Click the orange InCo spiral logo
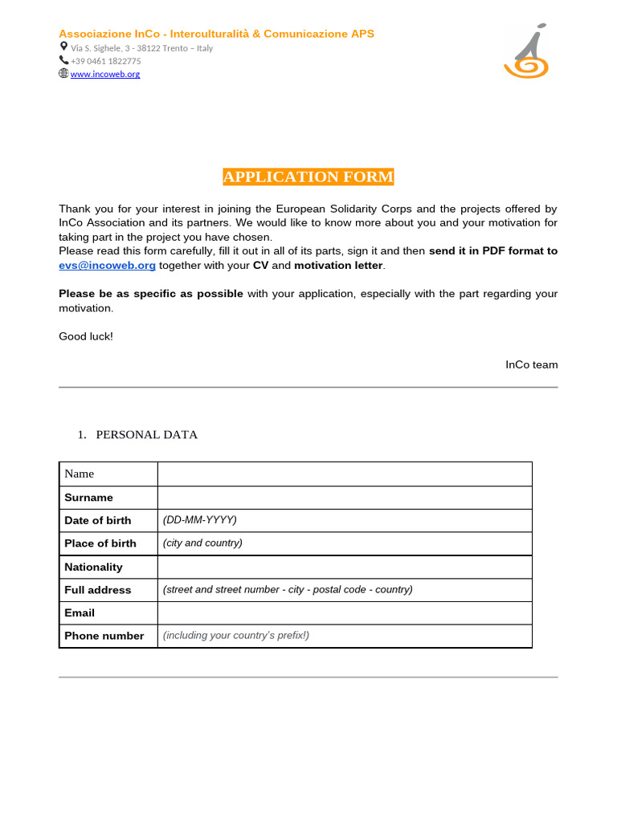[526, 52]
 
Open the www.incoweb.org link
[105, 74]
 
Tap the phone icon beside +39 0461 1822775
[63, 60]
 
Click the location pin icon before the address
[63, 47]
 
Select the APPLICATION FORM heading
[308, 177]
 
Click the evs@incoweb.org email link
[107, 265]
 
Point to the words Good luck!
[86, 336]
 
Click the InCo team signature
[531, 364]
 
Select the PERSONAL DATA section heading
[146, 434]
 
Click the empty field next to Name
[344, 474]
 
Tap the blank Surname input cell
[344, 497]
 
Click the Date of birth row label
[97, 520]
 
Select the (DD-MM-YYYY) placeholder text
[200, 519]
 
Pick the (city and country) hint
[202, 543]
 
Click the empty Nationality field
[344, 567]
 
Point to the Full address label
[97, 590]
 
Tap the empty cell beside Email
[344, 612]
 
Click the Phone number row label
[104, 636]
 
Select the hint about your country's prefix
[236, 635]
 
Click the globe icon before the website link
[63, 73]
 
